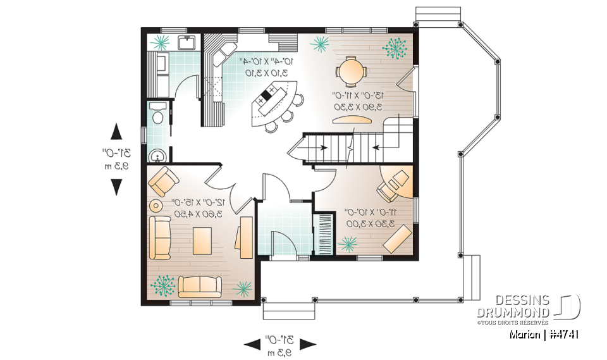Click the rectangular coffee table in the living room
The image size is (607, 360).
[x=202, y=240]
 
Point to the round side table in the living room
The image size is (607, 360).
[x=155, y=205]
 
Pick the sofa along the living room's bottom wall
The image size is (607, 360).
[x=199, y=287]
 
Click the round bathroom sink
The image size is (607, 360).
[x=157, y=155]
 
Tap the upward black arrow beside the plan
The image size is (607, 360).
[x=116, y=131]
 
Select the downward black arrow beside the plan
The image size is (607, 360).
[x=116, y=187]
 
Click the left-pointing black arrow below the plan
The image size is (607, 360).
[x=252, y=344]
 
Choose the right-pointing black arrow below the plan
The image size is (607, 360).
[x=308, y=344]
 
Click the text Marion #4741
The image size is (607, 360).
[x=544, y=334]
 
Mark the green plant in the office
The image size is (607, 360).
[x=348, y=244]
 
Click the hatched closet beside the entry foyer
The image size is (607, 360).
[x=324, y=233]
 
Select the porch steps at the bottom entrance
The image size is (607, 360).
[x=288, y=311]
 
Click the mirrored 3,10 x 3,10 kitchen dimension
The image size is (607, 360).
[x=266, y=73]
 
